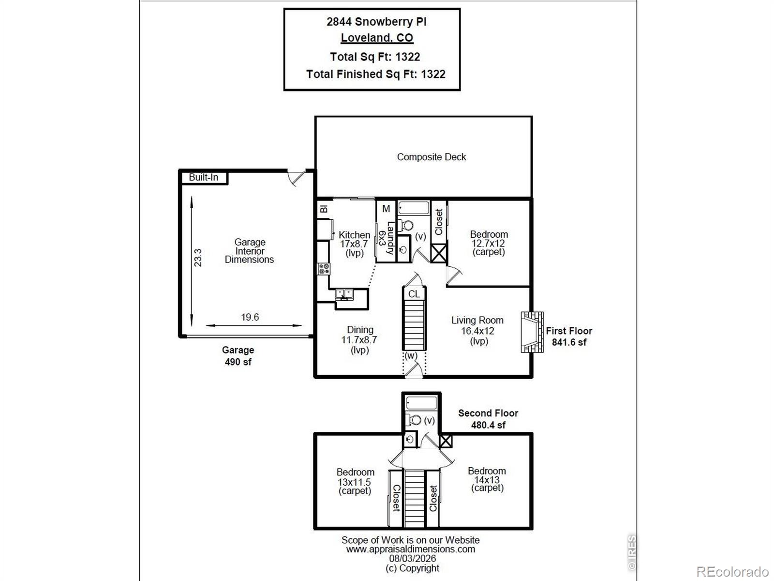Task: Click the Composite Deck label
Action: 431,157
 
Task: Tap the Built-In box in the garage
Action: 204,177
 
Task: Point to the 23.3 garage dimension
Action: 198,258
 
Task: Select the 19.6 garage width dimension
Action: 250,317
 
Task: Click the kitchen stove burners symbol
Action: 324,269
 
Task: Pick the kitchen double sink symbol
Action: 344,294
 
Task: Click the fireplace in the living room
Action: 532,332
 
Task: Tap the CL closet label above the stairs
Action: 414,294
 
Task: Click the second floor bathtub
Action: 421,403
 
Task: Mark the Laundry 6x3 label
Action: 386,238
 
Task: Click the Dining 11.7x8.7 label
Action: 359,340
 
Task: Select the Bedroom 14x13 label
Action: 487,479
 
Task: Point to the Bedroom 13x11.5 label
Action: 355,482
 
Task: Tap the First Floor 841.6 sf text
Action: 569,336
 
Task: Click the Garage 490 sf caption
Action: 238,355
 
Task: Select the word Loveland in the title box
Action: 366,38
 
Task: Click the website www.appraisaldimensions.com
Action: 410,549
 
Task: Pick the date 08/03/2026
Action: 413,558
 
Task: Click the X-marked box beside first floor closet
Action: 439,253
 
